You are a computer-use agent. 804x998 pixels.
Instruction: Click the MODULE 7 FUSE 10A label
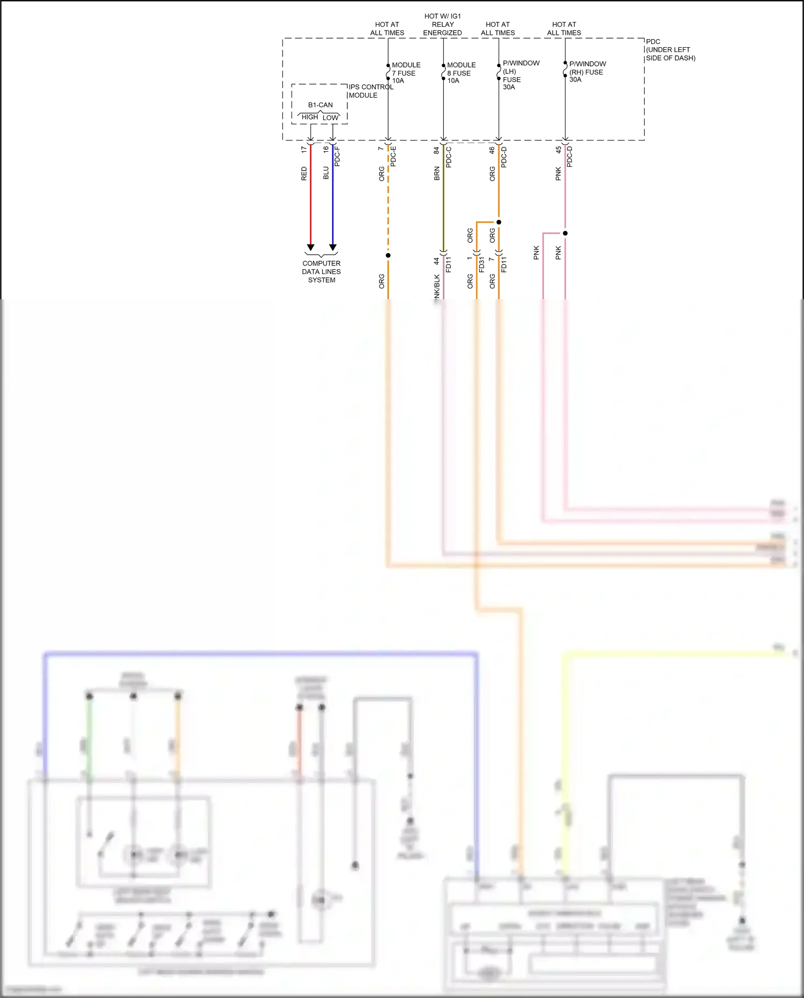(405, 73)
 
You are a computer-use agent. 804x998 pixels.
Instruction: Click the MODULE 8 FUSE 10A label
(460, 73)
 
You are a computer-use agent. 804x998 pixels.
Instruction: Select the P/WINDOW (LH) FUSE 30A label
(520, 75)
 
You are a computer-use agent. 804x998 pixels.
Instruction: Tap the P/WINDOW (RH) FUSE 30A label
(587, 72)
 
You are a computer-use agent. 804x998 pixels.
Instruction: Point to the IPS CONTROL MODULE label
(370, 91)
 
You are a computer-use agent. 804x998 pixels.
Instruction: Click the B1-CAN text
(320, 105)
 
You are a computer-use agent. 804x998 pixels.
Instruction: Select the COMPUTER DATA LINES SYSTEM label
(321, 272)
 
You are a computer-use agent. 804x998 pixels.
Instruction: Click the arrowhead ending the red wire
(310, 247)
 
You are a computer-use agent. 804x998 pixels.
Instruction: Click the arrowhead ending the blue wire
(333, 247)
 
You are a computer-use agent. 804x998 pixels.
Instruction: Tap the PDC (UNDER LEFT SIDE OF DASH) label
(670, 50)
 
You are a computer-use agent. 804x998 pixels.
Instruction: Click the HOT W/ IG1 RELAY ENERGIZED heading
(442, 25)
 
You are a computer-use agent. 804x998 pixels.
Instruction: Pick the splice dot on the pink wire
(565, 233)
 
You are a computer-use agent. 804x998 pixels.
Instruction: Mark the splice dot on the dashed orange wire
(388, 255)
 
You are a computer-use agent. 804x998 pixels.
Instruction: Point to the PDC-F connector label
(337, 156)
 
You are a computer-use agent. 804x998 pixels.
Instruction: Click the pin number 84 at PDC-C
(436, 150)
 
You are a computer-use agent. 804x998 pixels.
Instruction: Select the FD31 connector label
(481, 264)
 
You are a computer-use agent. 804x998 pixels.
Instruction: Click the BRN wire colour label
(437, 173)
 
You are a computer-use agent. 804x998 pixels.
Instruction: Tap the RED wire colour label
(304, 173)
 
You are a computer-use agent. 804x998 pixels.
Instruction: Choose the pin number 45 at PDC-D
(558, 150)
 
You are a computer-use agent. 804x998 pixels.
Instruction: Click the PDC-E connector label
(393, 156)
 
